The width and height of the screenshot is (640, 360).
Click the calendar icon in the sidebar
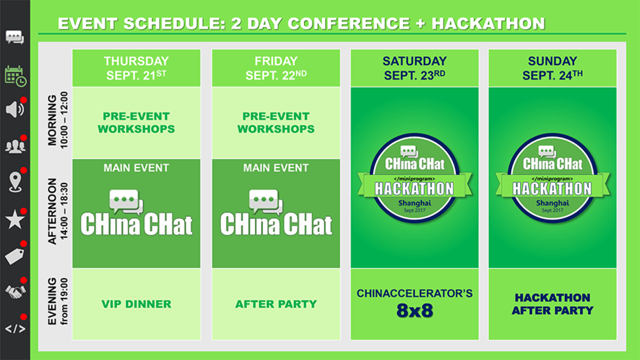[x=15, y=76]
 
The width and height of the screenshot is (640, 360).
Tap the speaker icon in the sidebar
[x=15, y=109]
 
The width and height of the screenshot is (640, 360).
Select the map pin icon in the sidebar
[x=15, y=182]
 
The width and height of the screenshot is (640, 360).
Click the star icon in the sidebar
[x=15, y=219]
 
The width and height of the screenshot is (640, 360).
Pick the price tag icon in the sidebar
[x=15, y=256]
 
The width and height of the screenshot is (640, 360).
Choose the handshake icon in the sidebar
[x=15, y=291]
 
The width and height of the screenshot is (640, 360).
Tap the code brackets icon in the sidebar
[x=15, y=329]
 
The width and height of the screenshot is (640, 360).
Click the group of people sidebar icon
[x=15, y=146]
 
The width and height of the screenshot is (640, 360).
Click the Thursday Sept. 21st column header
[x=136, y=68]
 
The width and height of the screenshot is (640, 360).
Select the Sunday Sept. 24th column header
[x=552, y=68]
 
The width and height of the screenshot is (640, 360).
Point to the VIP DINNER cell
[x=136, y=304]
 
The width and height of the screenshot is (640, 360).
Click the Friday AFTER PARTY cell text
[x=276, y=304]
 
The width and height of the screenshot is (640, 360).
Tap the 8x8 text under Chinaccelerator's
[x=414, y=311]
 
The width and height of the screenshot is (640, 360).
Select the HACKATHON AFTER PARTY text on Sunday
[x=552, y=304]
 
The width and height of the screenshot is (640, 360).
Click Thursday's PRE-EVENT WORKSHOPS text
[x=136, y=123]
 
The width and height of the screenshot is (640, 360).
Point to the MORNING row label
[x=52, y=120]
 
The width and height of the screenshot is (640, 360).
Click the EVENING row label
[x=52, y=301]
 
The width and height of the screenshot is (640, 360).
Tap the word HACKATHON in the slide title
[x=488, y=24]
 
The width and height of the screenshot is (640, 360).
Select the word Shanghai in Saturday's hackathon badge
[x=414, y=203]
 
